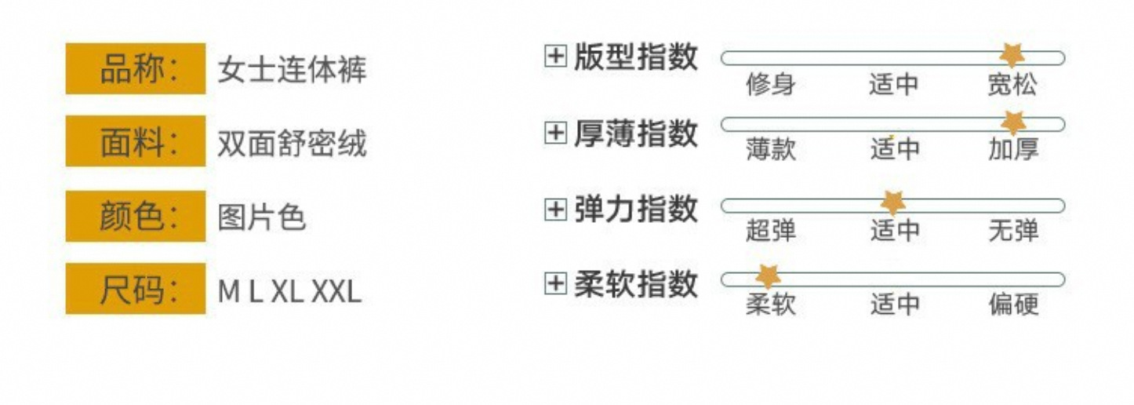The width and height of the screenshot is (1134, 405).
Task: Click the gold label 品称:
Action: pyautogui.click(x=135, y=69)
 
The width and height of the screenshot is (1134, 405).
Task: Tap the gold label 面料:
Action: pyautogui.click(x=135, y=142)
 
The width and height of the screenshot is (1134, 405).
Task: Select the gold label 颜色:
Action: pyautogui.click(x=135, y=216)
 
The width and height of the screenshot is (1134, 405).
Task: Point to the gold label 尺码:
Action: pyautogui.click(x=135, y=289)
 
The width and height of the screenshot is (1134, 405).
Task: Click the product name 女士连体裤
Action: pyautogui.click(x=292, y=71)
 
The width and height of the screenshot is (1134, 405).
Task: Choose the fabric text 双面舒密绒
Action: pyautogui.click(x=292, y=144)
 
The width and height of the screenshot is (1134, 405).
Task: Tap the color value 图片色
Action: pyautogui.click(x=261, y=217)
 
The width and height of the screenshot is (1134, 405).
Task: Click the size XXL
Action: pyautogui.click(x=336, y=292)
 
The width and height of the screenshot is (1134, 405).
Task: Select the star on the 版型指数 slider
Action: pyautogui.click(x=1012, y=55)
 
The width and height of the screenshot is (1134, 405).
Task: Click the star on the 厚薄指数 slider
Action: pyautogui.click(x=1013, y=122)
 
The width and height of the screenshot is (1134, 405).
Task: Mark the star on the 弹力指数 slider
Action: pyautogui.click(x=892, y=202)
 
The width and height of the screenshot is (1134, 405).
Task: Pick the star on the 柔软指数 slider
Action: pyautogui.click(x=767, y=275)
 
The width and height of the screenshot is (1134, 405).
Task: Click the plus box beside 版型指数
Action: pyautogui.click(x=555, y=57)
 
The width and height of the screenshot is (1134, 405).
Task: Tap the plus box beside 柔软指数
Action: pyautogui.click(x=555, y=283)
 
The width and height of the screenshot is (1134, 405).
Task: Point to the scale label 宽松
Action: pyautogui.click(x=1012, y=84)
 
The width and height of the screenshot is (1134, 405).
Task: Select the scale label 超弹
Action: pyautogui.click(x=770, y=231)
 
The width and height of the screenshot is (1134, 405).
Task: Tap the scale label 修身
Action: pyautogui.click(x=770, y=84)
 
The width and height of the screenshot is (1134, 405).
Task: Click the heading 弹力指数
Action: pyautogui.click(x=635, y=210)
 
